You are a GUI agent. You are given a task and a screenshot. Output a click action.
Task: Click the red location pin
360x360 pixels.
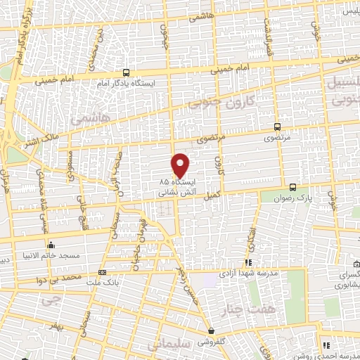181,165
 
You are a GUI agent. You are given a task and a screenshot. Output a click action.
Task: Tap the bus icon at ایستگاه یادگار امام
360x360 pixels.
126,72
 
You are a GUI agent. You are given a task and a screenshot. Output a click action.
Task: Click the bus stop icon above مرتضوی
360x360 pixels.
277,127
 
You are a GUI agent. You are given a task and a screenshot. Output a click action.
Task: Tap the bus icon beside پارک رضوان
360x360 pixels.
293,187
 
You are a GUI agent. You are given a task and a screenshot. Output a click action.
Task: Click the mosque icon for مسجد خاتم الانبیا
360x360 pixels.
51,245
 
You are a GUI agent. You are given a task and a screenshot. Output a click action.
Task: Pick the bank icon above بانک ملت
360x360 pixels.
103,272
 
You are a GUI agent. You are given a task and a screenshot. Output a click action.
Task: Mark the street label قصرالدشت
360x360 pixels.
267,32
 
